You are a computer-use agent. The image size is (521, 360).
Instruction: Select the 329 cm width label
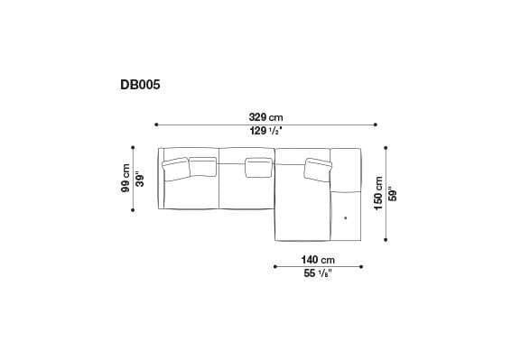tap(265, 116)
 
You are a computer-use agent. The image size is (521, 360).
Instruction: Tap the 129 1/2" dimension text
tap(265, 132)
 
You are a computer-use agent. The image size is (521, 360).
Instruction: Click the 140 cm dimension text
tap(317, 259)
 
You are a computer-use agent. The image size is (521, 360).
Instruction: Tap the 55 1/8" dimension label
tap(317, 273)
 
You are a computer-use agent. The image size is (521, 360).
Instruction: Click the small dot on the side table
tap(345, 217)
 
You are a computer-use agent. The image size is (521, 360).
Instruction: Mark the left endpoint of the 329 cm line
tap(156, 125)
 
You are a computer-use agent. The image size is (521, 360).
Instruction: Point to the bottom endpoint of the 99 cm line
tap(133, 209)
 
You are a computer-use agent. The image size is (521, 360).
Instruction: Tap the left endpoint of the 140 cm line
tap(274, 266)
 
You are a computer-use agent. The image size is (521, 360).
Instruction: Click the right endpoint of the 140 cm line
tap(361, 266)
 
